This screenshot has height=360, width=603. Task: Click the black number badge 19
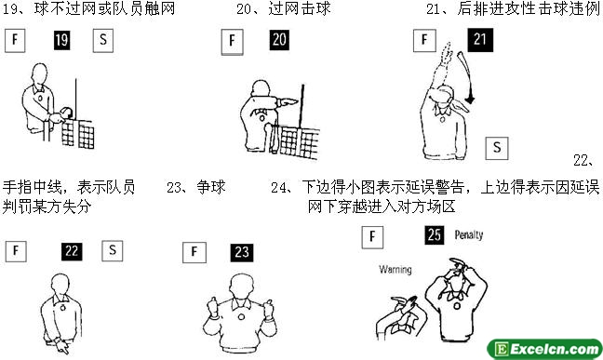point(62,40)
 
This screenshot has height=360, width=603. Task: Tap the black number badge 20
point(279,40)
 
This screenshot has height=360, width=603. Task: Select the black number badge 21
point(480,40)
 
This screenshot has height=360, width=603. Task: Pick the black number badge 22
point(72,251)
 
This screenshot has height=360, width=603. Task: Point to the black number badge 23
point(242,253)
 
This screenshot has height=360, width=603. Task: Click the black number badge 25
point(435,235)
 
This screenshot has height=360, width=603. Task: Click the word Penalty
point(469,234)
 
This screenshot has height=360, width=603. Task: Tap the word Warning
point(395,269)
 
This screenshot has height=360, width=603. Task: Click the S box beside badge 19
point(103,40)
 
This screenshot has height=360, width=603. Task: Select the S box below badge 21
point(497,148)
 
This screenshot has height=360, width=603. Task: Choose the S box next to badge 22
point(113,251)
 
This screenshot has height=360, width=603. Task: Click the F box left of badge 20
point(233,42)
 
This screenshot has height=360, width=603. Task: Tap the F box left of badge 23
point(194,252)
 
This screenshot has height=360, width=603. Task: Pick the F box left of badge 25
point(372,237)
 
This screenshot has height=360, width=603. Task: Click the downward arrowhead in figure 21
point(469,100)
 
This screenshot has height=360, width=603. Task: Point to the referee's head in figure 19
point(39,75)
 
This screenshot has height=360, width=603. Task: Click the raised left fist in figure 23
point(211,307)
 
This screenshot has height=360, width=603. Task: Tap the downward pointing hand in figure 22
point(61,347)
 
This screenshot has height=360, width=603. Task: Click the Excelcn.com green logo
point(544,349)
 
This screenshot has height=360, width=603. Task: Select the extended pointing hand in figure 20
point(287,102)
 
